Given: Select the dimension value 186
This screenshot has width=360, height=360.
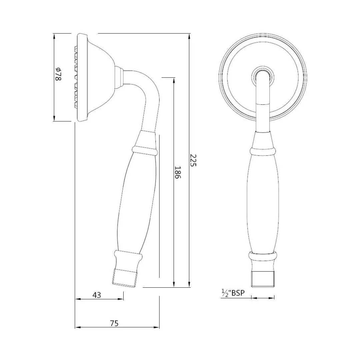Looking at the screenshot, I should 177,173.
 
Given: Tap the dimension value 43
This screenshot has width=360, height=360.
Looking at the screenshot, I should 96,295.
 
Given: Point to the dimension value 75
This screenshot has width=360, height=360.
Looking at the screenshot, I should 114,323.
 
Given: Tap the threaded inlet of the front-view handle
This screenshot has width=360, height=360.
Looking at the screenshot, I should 263,279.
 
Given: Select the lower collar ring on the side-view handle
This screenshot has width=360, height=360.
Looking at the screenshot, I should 129,256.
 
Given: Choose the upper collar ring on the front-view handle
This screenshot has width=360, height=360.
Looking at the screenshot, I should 262,151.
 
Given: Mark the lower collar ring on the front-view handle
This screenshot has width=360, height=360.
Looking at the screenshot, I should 263,257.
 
